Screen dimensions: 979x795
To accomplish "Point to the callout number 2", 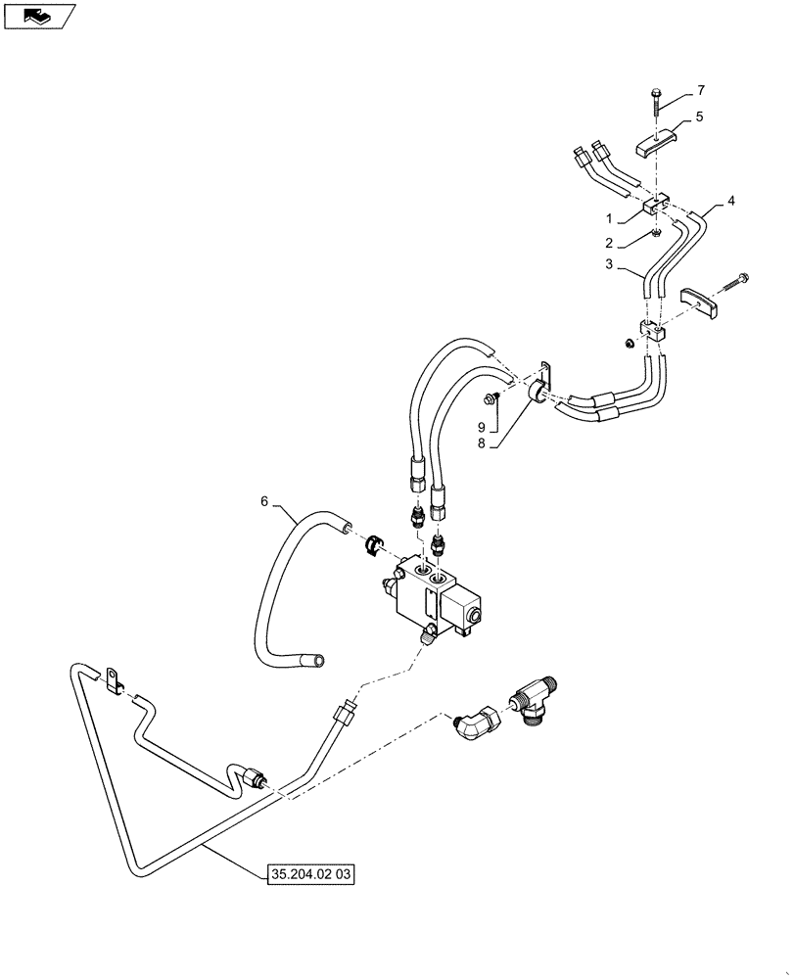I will (608, 243).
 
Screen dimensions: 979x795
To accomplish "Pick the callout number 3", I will (608, 264).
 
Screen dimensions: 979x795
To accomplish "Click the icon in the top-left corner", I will (38, 16).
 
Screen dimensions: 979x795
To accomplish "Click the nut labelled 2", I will (657, 231).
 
